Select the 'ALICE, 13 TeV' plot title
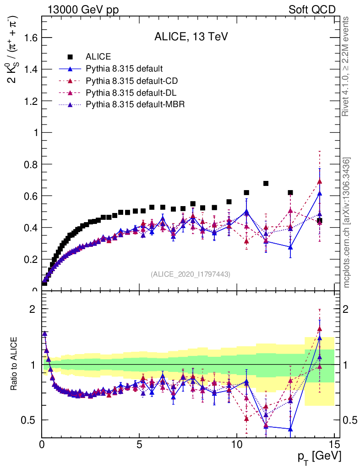(191, 37)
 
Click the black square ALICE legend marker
(71, 57)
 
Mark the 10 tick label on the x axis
(236, 444)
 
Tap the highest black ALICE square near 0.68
(266, 184)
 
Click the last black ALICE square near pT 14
(319, 220)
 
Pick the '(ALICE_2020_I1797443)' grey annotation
(191, 274)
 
